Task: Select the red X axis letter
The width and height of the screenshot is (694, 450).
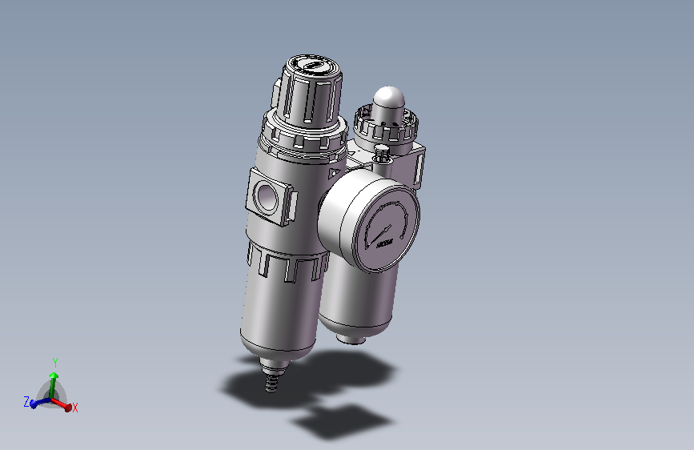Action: tap(75, 408)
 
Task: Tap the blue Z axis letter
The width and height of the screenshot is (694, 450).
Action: tap(26, 402)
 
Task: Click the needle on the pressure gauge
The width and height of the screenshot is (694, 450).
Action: tap(375, 233)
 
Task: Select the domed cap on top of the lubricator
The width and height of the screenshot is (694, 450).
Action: tap(389, 101)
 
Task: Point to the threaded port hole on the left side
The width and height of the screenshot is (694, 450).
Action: tap(267, 194)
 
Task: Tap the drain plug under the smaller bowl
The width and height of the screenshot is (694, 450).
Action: tap(351, 337)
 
